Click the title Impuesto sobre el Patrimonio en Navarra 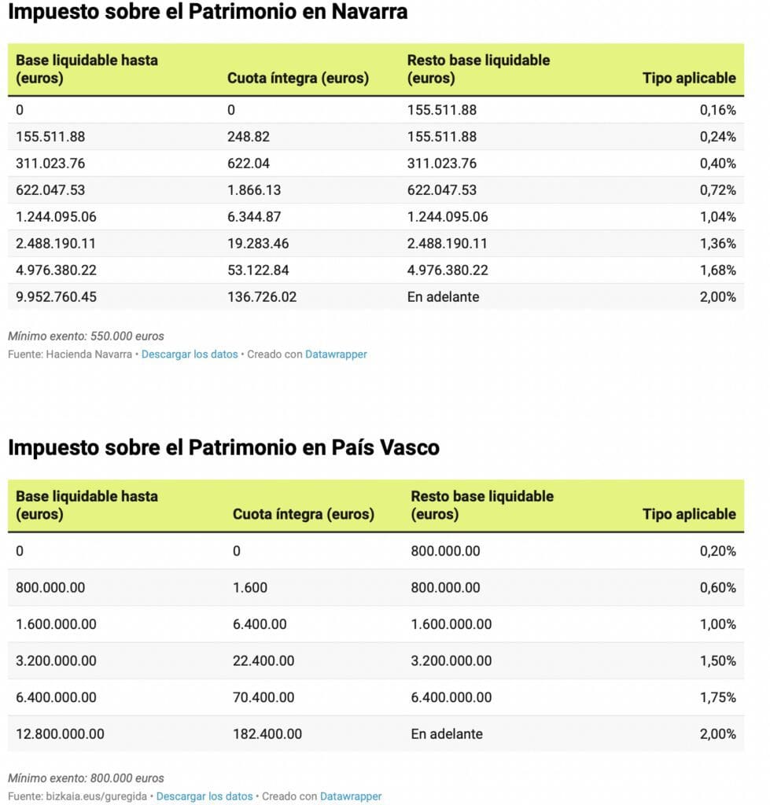click(x=208, y=13)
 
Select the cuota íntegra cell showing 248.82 click(x=249, y=137)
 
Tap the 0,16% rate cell click(x=717, y=110)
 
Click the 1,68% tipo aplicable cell click(x=717, y=270)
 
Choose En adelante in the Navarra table click(x=443, y=297)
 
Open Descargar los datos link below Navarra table click(x=190, y=355)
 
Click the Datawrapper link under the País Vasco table click(x=351, y=796)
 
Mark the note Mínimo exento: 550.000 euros click(x=86, y=336)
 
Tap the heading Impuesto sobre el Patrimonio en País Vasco click(x=223, y=448)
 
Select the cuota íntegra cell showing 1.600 click(x=250, y=588)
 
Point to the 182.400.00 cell click(x=267, y=734)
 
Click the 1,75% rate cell click(x=717, y=697)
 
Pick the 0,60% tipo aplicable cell click(x=717, y=588)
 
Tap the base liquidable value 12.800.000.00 click(x=60, y=734)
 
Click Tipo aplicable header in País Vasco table click(x=689, y=514)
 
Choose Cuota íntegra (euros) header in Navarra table click(x=297, y=78)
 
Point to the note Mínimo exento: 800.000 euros click(x=86, y=778)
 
